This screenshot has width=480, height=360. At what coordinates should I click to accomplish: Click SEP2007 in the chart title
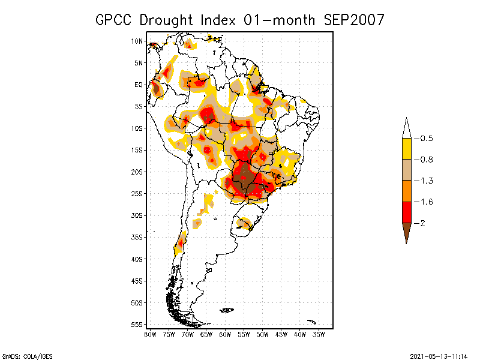(x=355, y=20)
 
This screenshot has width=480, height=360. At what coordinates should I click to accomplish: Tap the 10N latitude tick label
(x=137, y=41)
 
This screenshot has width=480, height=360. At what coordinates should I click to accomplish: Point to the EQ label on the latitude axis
(x=138, y=85)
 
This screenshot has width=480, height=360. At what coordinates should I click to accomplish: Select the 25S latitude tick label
(x=137, y=194)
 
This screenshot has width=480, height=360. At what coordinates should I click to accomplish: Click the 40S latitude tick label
(x=137, y=259)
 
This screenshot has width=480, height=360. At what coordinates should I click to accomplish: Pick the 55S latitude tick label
(x=137, y=325)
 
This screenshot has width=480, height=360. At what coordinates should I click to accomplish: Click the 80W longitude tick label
(x=150, y=334)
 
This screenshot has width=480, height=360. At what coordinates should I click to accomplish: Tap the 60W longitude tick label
(x=225, y=334)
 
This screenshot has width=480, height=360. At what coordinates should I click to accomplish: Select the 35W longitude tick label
(x=319, y=334)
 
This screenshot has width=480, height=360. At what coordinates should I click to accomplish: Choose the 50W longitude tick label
(x=262, y=334)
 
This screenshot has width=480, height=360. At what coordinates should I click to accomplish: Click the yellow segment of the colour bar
(x=406, y=149)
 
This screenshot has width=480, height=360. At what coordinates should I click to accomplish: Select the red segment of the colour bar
(x=406, y=212)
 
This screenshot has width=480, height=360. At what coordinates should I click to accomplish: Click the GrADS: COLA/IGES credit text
(x=22, y=355)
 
